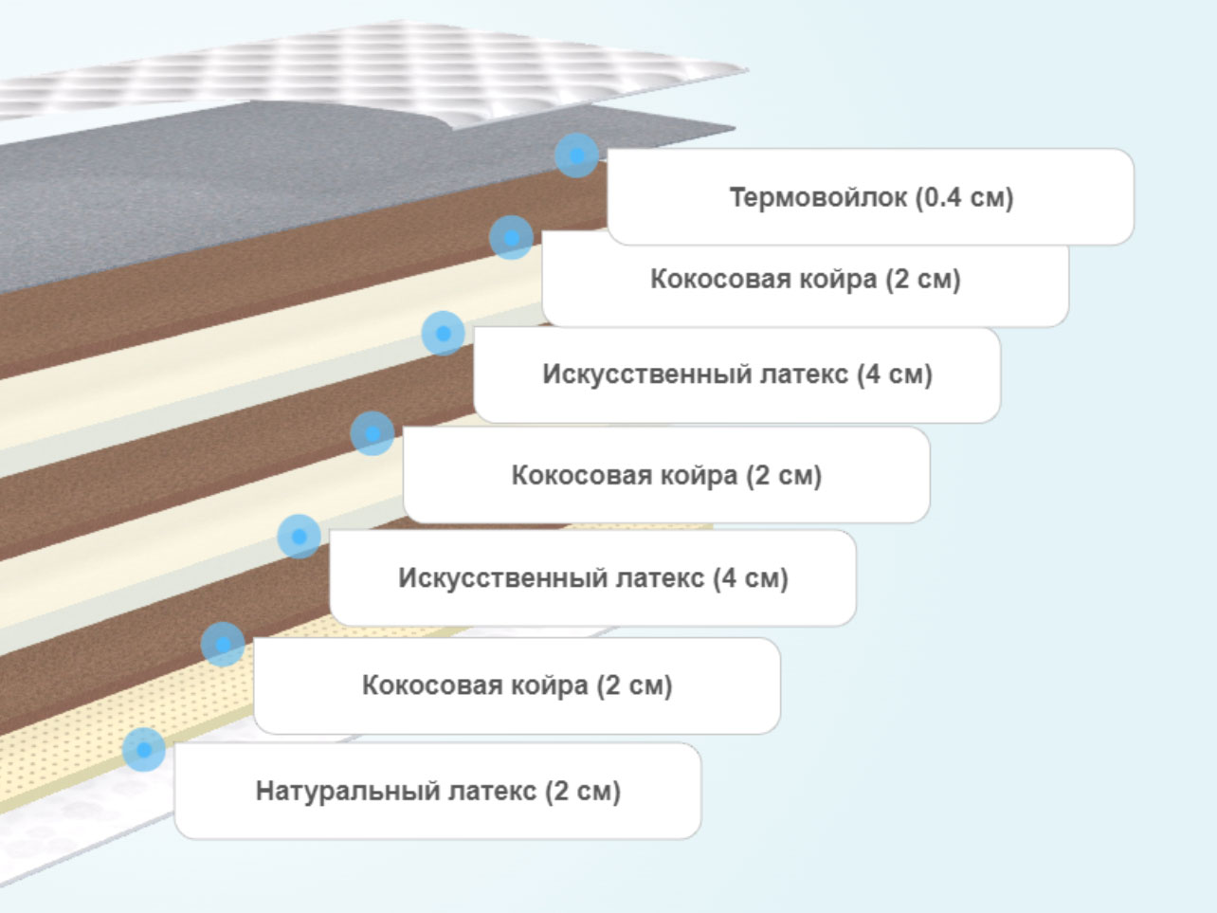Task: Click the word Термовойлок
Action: coord(818,197)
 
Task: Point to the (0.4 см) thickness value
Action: coord(964,198)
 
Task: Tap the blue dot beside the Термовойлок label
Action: coord(576,155)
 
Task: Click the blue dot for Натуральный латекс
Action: coord(144,750)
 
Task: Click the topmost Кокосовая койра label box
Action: coord(805,279)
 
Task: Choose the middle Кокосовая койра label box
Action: coord(666,475)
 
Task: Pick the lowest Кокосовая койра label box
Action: coord(517,685)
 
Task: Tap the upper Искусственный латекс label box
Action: coord(736,374)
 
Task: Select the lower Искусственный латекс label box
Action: coord(592,578)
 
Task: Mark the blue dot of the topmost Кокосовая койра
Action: coord(511,237)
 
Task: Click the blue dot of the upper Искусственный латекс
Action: coord(443,333)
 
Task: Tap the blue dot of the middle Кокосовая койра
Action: coord(372,433)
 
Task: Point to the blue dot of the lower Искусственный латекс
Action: coord(300,536)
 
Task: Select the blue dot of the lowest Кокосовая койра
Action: coord(223,644)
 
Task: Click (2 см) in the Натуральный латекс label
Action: coord(583,792)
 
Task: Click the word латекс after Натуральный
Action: coord(492,792)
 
